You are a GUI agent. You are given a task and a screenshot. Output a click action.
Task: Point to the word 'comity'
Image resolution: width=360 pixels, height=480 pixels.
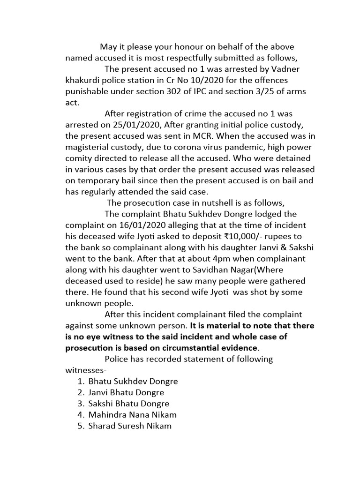tap(80, 158)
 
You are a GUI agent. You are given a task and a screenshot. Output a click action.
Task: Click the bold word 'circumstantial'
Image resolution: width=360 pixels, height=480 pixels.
tap(186, 348)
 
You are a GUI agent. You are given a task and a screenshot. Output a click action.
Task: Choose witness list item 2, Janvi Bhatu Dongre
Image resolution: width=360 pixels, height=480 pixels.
tap(126, 392)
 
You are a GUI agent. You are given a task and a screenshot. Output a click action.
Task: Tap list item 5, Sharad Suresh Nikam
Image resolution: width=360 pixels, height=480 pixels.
tap(130, 426)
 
